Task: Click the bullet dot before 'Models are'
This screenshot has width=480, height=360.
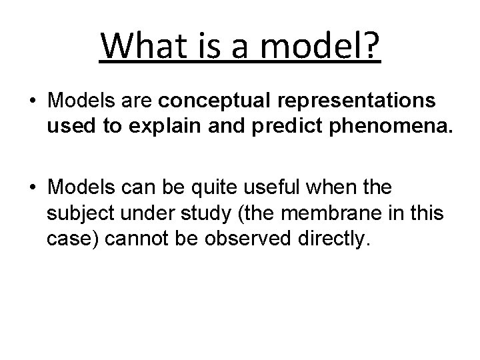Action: point(33,101)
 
